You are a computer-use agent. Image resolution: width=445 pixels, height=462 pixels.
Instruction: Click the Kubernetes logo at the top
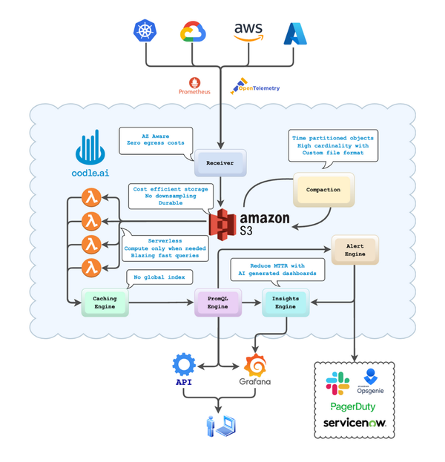(145, 31)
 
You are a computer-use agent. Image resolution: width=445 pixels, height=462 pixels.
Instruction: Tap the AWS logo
(248, 31)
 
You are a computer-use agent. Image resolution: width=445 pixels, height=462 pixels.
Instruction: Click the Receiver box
(220, 161)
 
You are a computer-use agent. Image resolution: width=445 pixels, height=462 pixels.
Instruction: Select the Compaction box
(323, 189)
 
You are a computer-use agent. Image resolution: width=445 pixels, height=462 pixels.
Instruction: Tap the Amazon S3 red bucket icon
(222, 222)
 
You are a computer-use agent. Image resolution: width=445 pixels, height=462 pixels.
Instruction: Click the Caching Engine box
(104, 302)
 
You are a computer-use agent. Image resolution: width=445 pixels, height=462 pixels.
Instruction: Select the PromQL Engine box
(218, 302)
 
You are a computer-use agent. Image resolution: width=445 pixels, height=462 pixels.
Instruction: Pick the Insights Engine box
(285, 302)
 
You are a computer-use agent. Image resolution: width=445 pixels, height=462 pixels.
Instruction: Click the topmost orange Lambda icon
(90, 199)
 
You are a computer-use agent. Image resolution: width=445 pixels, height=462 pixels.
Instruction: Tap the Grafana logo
(254, 366)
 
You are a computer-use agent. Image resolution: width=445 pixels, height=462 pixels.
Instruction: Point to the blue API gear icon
(183, 364)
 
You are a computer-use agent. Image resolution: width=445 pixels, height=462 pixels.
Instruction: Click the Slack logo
(338, 383)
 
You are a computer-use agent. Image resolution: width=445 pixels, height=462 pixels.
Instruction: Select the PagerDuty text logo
(354, 406)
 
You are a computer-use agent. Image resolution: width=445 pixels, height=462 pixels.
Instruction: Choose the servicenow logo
(355, 423)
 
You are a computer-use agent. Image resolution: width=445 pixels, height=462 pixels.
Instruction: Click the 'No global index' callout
(159, 279)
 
